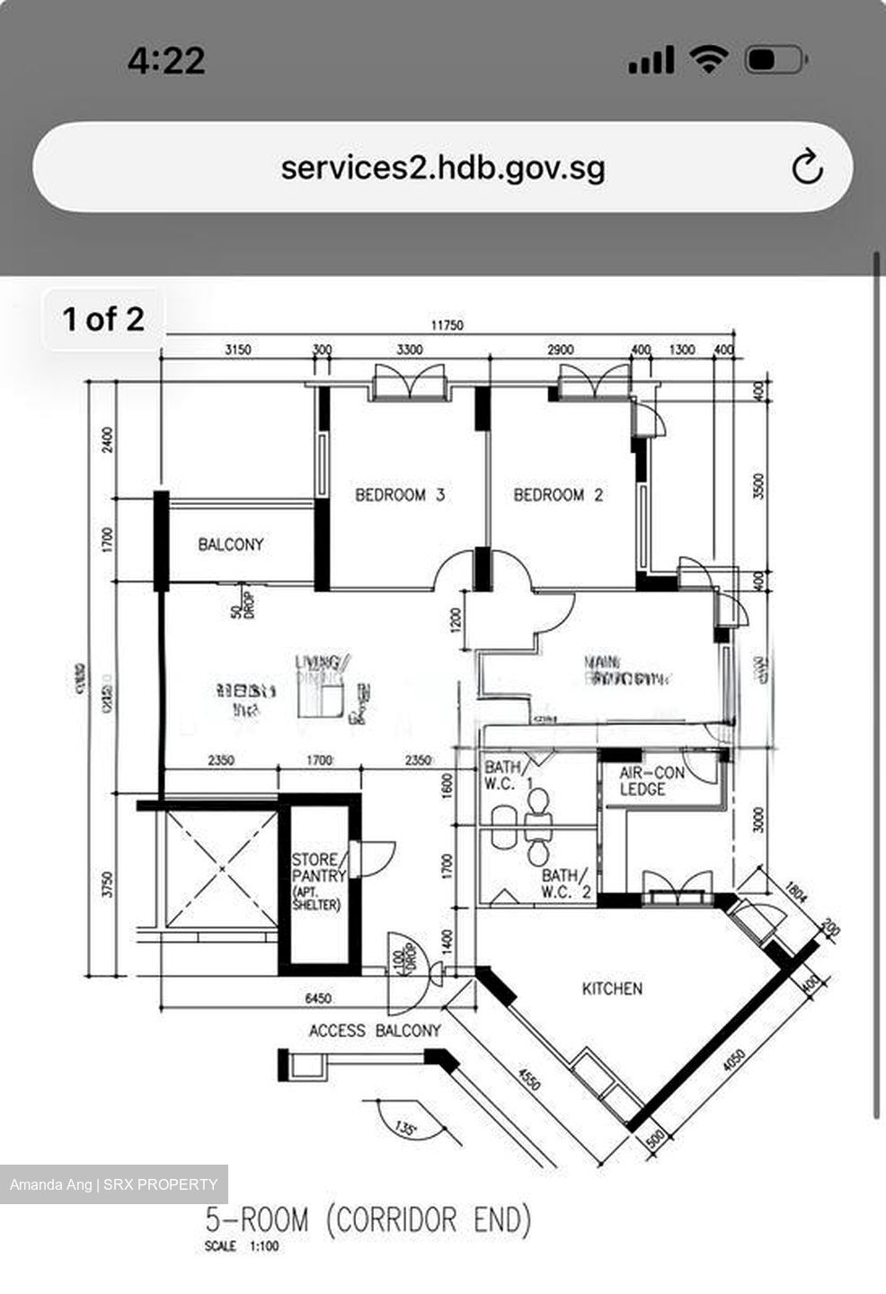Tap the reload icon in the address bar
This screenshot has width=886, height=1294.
pyautogui.click(x=806, y=167)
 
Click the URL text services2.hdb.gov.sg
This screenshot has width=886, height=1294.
pyautogui.click(x=442, y=167)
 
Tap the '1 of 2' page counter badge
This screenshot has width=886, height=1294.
pyautogui.click(x=103, y=319)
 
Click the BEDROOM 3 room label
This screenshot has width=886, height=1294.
pyautogui.click(x=399, y=494)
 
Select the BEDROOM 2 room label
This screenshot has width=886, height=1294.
pyautogui.click(x=558, y=494)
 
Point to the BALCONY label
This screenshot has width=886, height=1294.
pyautogui.click(x=231, y=545)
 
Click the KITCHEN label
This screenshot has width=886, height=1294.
pyautogui.click(x=612, y=988)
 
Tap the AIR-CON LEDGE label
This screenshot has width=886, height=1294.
pyautogui.click(x=651, y=781)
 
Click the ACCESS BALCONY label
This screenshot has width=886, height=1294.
pyautogui.click(x=375, y=1031)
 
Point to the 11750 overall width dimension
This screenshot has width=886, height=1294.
pyautogui.click(x=447, y=325)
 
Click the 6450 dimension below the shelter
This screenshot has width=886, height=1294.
pyautogui.click(x=318, y=998)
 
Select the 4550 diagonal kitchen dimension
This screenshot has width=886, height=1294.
pyautogui.click(x=530, y=1077)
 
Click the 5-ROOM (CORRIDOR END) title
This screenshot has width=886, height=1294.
pyautogui.click(x=368, y=1220)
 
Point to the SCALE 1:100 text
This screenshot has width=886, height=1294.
pyautogui.click(x=242, y=1246)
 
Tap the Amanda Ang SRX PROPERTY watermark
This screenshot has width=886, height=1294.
pyautogui.click(x=114, y=1184)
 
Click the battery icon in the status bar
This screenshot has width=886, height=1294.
pyautogui.click(x=775, y=60)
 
